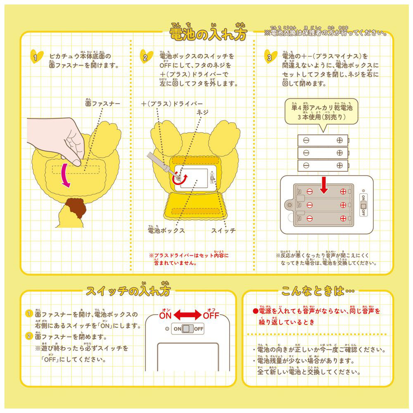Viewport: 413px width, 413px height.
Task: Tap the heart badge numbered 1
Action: pyautogui.click(x=37, y=56)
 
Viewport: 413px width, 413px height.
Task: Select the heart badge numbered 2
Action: pyautogui.click(x=146, y=56)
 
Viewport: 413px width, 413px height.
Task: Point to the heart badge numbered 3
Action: pyautogui.click(x=271, y=56)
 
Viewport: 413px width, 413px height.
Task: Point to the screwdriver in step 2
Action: pyautogui.click(x=162, y=166)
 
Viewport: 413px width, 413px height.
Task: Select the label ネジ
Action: pyautogui.click(x=202, y=113)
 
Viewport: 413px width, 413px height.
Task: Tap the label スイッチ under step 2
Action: pyautogui.click(x=223, y=230)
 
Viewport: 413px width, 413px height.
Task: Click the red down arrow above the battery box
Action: pyautogui.click(x=324, y=185)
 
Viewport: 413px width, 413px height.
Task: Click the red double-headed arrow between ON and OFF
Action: pyautogui.click(x=188, y=315)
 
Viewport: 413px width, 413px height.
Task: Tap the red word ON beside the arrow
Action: pyautogui.click(x=166, y=315)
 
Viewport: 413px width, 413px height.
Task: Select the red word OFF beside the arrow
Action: pyautogui.click(x=211, y=315)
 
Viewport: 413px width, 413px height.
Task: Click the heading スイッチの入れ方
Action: pyautogui.click(x=128, y=290)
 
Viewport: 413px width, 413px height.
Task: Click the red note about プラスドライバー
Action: pyautogui.click(x=189, y=259)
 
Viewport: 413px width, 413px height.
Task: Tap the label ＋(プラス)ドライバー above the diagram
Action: pyautogui.click(x=172, y=104)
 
